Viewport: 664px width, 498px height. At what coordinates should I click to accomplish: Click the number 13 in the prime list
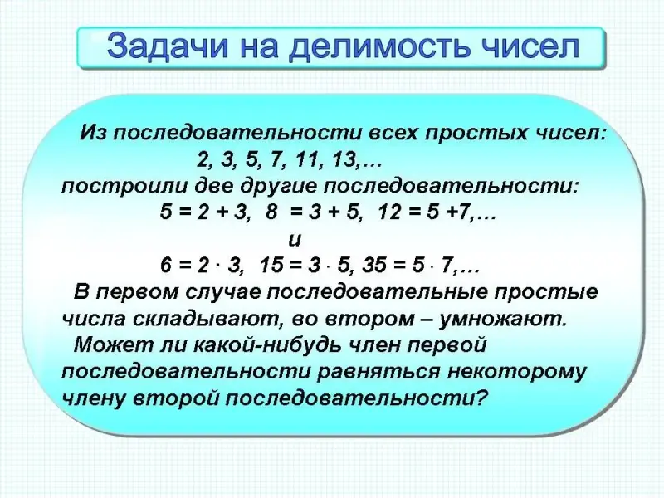click(x=343, y=161)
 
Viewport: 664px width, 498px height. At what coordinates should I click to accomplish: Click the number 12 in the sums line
click(x=389, y=212)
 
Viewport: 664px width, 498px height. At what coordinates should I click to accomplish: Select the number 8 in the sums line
click(x=271, y=212)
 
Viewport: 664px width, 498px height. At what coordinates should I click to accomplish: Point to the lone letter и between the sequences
click(x=295, y=240)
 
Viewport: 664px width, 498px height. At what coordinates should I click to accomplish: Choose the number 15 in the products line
click(x=271, y=266)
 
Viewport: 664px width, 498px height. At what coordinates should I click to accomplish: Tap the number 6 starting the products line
click(x=165, y=266)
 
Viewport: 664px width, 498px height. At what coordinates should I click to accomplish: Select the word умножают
click(x=503, y=320)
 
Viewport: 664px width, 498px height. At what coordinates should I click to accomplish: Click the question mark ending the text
click(x=480, y=398)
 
